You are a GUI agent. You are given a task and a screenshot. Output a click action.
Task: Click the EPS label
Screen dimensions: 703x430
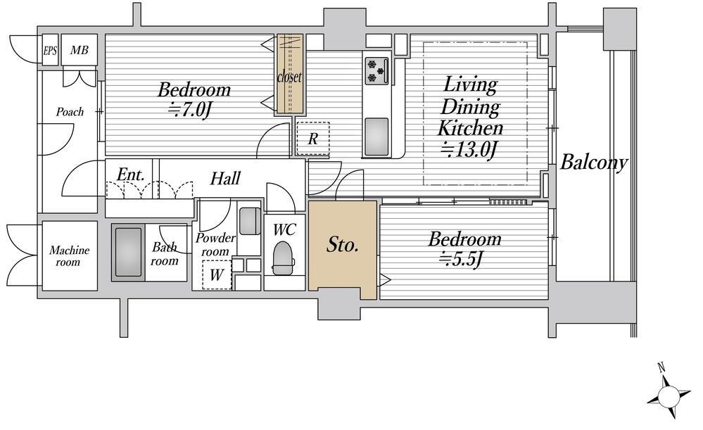click(50, 50)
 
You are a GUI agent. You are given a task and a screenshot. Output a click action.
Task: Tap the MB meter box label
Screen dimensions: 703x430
click(79, 50)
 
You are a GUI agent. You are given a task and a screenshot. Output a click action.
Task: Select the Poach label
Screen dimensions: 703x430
click(70, 112)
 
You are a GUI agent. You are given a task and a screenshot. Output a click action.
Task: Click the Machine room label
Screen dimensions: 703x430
click(69, 255)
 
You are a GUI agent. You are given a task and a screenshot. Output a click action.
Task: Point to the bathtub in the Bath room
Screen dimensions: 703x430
click(128, 253)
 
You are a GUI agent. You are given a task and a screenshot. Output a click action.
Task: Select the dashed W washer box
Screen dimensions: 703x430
click(217, 274)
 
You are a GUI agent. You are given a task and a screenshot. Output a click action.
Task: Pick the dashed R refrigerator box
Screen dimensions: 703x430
click(312, 139)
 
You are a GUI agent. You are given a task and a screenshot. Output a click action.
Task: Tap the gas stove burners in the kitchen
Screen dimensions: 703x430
click(376, 71)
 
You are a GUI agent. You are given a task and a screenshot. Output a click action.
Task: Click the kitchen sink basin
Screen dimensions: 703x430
click(376, 137)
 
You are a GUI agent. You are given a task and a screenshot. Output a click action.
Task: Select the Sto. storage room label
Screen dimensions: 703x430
click(343, 245)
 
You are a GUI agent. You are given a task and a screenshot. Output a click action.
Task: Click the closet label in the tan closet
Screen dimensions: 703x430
click(290, 77)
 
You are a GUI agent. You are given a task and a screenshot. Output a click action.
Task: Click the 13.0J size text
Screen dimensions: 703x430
click(469, 149)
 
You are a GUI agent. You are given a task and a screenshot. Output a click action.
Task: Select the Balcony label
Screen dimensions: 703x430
click(594, 163)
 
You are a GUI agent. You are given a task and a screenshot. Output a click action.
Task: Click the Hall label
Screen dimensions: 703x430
click(225, 179)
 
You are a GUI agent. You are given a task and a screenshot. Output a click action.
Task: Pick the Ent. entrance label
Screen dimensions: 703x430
click(131, 174)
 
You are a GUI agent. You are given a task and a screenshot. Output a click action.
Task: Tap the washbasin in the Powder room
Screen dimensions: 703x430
click(249, 220)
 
